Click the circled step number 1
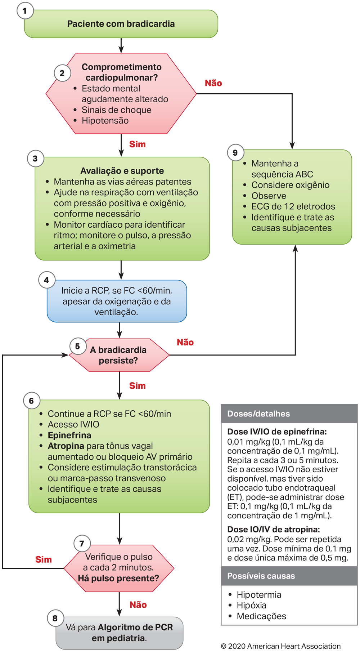coord(25,11)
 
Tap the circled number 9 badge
coord(235,152)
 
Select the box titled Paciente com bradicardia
coord(121,24)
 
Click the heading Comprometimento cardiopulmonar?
coord(121,72)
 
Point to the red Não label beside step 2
coord(213,83)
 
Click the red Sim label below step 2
coord(137,144)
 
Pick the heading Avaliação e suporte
coord(122,171)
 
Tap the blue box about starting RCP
coord(117,301)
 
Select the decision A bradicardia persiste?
coord(118,355)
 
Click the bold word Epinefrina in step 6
coord(69,435)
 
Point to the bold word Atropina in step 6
coord(66,446)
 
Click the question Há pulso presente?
coord(118,578)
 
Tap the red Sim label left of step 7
coord(43,559)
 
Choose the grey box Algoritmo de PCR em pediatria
coord(119,633)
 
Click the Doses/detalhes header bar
coord(289,414)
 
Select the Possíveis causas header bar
coord(289,576)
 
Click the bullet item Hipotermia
coord(259,594)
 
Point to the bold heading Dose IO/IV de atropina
coord(273,529)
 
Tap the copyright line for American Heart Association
coord(280,646)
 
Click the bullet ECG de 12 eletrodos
coord(293,206)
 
